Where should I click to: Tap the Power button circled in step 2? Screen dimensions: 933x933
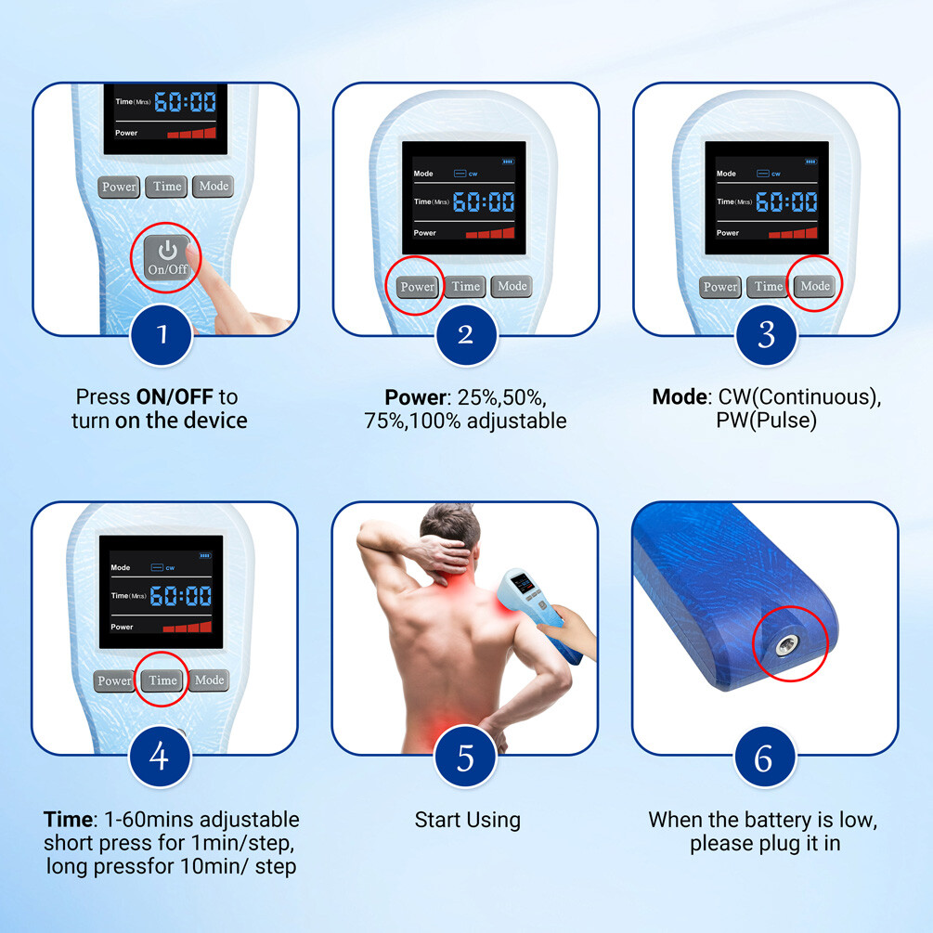[x=417, y=287]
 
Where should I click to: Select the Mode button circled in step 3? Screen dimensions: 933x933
[x=814, y=286]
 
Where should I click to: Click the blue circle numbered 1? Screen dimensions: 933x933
[x=162, y=334]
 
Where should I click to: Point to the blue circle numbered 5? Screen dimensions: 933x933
[x=465, y=757]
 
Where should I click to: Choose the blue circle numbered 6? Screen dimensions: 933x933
[x=765, y=757]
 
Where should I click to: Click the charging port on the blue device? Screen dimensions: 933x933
[x=786, y=645]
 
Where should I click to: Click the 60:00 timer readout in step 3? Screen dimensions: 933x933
[x=786, y=201]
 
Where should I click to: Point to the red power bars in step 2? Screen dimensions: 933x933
[x=490, y=233]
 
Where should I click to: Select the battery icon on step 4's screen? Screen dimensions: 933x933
[x=204, y=556]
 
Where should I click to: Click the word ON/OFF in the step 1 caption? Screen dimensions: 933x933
[x=175, y=396]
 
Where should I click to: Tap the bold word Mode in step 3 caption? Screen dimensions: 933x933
[x=679, y=396]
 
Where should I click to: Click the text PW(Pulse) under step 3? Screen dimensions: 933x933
[x=767, y=421]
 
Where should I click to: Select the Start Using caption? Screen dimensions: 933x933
[x=468, y=820]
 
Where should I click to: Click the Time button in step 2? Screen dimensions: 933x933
[x=465, y=287]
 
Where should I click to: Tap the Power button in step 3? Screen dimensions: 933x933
[x=720, y=287]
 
